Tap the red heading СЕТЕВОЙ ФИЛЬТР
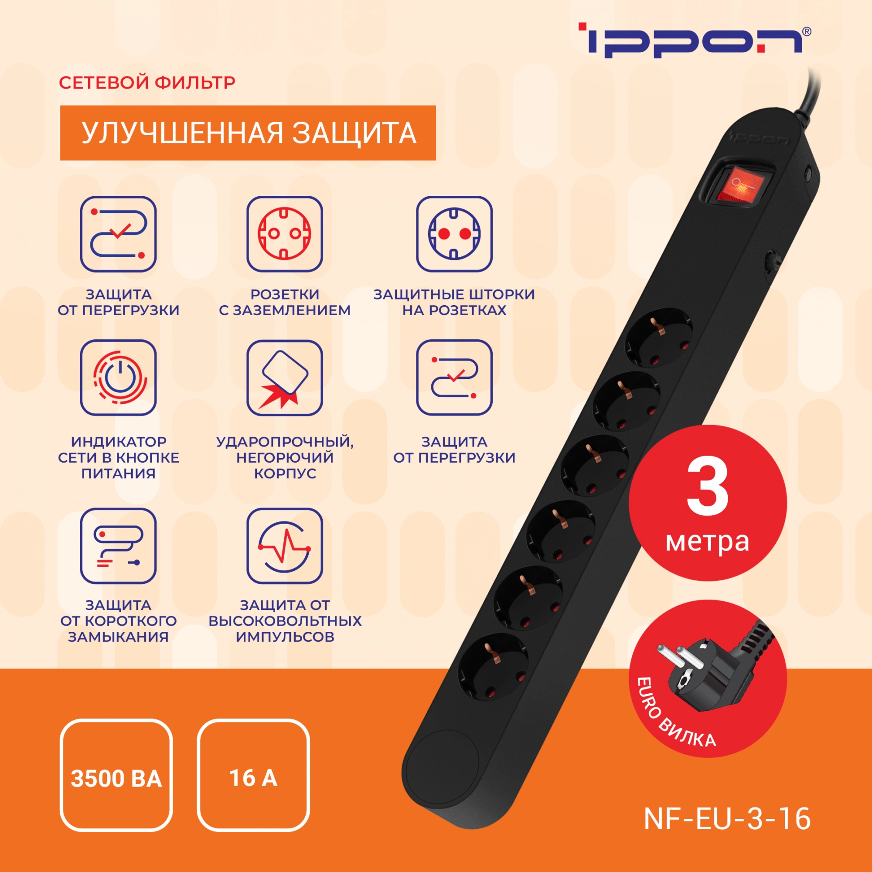(x=147, y=82)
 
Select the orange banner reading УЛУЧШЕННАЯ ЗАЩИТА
(x=248, y=133)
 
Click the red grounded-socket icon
(x=284, y=234)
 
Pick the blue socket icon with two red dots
(x=454, y=234)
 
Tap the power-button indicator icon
(x=118, y=377)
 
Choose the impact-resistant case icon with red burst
(x=284, y=377)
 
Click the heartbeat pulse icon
(x=284, y=546)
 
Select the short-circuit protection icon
(x=118, y=546)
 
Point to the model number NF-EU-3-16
(x=727, y=819)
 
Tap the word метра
(x=707, y=542)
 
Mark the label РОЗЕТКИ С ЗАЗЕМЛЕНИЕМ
(x=284, y=302)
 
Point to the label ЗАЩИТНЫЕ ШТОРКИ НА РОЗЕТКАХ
(x=454, y=302)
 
